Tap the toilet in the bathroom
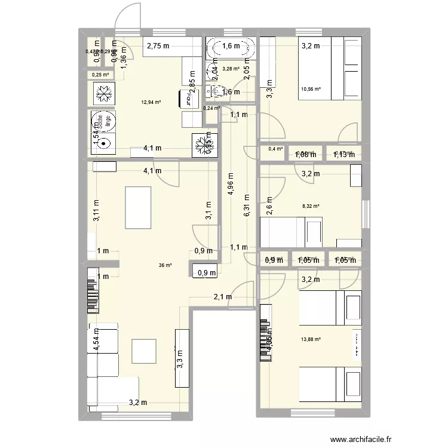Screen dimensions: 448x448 click(x=220, y=91)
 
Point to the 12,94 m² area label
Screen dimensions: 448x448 click(x=151, y=102)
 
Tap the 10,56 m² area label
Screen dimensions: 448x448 click(x=311, y=89)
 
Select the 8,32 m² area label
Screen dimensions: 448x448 click(x=311, y=206)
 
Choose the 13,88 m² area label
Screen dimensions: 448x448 click(x=311, y=339)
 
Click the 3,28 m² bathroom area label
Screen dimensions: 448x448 click(x=230, y=69)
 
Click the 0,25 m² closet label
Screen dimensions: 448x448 click(x=100, y=75)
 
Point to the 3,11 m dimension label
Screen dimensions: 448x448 click(x=96, y=210)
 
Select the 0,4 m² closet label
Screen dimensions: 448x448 click(x=275, y=149)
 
